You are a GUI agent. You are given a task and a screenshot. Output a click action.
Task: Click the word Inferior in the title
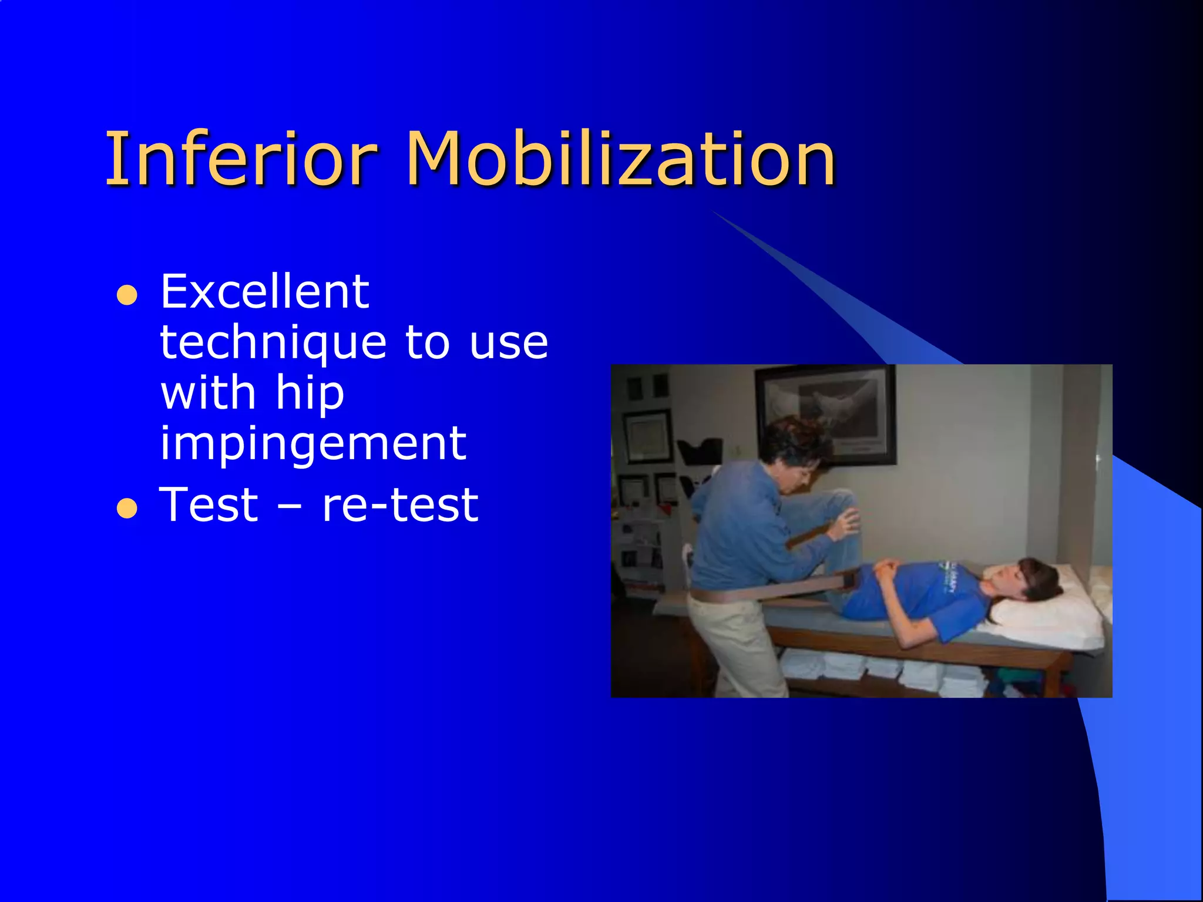[x=241, y=159]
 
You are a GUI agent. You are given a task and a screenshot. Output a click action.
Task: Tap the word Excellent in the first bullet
[x=264, y=292]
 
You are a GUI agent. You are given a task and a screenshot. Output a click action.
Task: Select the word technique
[x=273, y=344]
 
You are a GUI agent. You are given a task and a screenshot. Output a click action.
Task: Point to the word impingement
[x=313, y=445]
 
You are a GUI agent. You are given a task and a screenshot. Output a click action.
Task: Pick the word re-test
[x=400, y=505]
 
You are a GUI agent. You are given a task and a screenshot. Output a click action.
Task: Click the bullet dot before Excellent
[x=127, y=295]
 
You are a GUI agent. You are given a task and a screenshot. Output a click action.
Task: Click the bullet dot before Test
[x=127, y=508]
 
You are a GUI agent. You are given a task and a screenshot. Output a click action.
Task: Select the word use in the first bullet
[x=508, y=344]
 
